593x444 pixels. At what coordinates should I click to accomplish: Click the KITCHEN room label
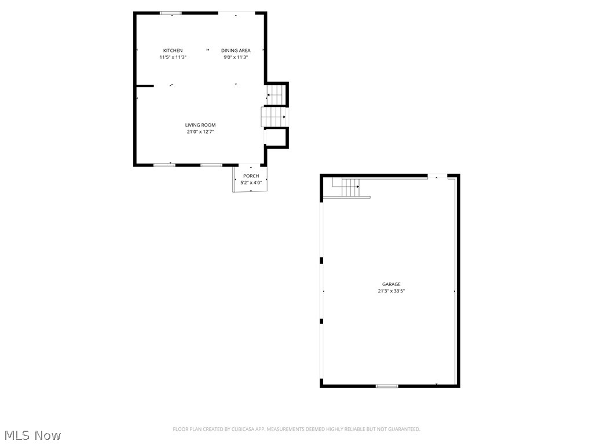pos(173,51)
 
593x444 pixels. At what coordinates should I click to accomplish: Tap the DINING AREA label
pos(236,51)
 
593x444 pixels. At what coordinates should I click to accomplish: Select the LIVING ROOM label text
pos(200,125)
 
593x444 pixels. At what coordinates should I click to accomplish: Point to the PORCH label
pos(251,176)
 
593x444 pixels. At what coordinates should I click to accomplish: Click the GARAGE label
pos(391,284)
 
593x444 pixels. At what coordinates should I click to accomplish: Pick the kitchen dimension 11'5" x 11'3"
pos(173,58)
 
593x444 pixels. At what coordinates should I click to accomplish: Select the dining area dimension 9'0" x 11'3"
pos(236,58)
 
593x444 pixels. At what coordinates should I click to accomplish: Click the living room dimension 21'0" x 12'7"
pos(200,132)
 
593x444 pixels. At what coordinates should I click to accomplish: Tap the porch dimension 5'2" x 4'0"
pos(251,183)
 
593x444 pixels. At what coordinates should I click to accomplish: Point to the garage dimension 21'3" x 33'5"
pos(391,291)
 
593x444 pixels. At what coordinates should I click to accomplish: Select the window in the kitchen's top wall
pos(171,13)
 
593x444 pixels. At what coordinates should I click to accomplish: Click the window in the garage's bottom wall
pos(387,386)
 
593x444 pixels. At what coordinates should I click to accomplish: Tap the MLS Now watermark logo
pos(32,435)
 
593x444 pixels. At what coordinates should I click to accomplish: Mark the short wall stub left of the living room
pos(145,86)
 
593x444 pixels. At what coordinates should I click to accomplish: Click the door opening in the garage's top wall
pos(437,176)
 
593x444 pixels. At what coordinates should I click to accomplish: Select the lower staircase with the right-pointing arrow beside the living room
pos(274,117)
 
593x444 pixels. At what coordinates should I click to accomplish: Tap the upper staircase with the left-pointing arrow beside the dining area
pos(275,95)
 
